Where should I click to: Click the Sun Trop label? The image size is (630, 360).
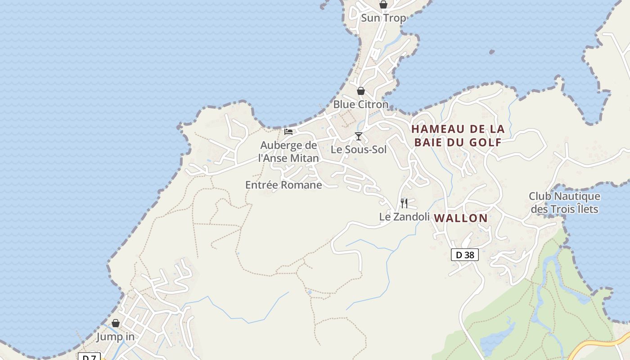383,18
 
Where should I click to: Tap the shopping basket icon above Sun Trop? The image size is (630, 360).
383,4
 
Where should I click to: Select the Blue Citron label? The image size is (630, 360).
360,104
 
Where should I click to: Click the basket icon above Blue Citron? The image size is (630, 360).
360,91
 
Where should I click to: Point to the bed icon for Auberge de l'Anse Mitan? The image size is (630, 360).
288,132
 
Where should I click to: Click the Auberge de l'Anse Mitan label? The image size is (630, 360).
288,152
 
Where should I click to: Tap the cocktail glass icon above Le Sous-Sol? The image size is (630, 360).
359,136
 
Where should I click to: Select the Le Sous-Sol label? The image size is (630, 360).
359,150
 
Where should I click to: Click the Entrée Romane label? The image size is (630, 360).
283,185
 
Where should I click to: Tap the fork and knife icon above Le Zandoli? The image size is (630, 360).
404,203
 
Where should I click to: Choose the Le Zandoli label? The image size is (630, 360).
404,217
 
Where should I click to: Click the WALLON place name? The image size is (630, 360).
460,218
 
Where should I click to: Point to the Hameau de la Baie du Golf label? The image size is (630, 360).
458,135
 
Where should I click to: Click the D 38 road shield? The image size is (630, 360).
464,255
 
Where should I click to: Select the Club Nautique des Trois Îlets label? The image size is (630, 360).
564,202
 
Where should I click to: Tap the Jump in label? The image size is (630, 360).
115,337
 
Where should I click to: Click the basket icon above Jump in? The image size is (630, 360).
116,323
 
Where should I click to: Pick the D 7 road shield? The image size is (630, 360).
89,357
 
